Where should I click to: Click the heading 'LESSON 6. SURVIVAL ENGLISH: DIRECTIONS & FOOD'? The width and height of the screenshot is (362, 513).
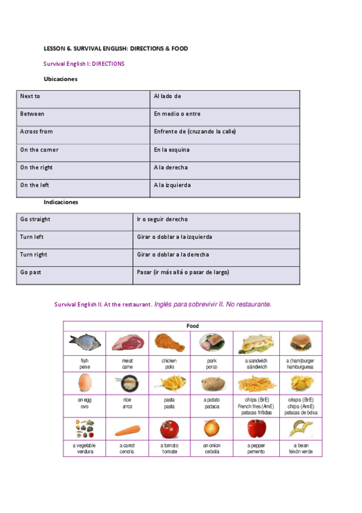[115, 48]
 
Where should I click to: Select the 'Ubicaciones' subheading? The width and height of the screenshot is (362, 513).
[60, 79]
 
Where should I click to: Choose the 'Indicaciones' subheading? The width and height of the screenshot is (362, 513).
[61, 202]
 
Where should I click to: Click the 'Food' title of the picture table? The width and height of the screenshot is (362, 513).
[193, 326]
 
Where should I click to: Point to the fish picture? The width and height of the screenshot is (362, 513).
[84, 342]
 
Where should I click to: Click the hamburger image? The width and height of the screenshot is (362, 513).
[300, 342]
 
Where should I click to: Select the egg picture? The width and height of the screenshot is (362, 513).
[84, 383]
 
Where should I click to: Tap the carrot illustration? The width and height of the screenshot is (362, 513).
[127, 430]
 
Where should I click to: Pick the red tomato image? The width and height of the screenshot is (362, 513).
[169, 429]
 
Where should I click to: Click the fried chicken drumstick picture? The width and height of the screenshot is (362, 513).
[169, 342]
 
